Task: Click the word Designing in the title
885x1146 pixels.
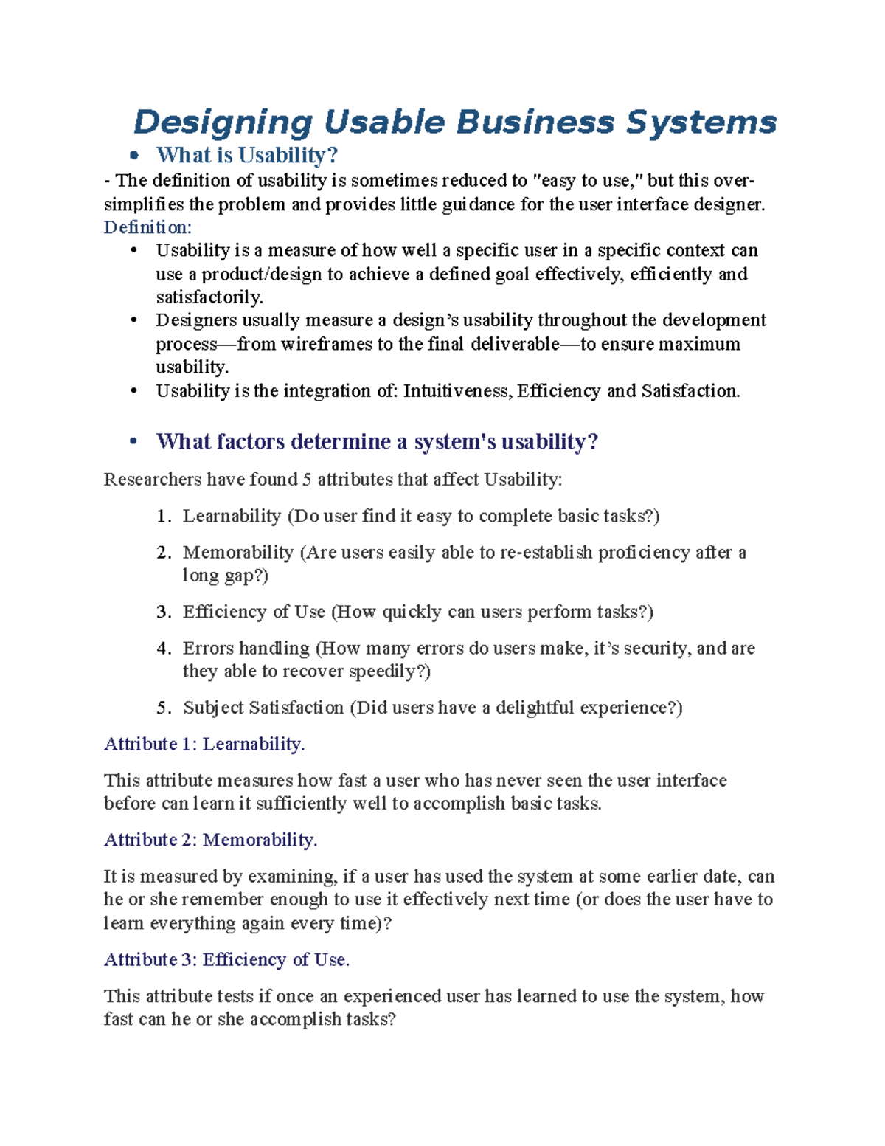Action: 223,122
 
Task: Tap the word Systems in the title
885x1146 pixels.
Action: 701,122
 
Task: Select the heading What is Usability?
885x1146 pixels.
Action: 246,155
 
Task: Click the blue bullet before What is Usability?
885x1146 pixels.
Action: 133,155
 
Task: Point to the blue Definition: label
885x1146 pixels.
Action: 147,227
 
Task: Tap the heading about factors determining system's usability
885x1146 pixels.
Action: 376,441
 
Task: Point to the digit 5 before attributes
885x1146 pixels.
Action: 306,480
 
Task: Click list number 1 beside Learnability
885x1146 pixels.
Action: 163,517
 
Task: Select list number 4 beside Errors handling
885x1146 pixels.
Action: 163,649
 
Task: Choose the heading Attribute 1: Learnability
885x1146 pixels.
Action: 204,744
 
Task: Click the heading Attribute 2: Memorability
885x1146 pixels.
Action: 210,840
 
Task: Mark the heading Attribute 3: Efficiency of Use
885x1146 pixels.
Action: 226,959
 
